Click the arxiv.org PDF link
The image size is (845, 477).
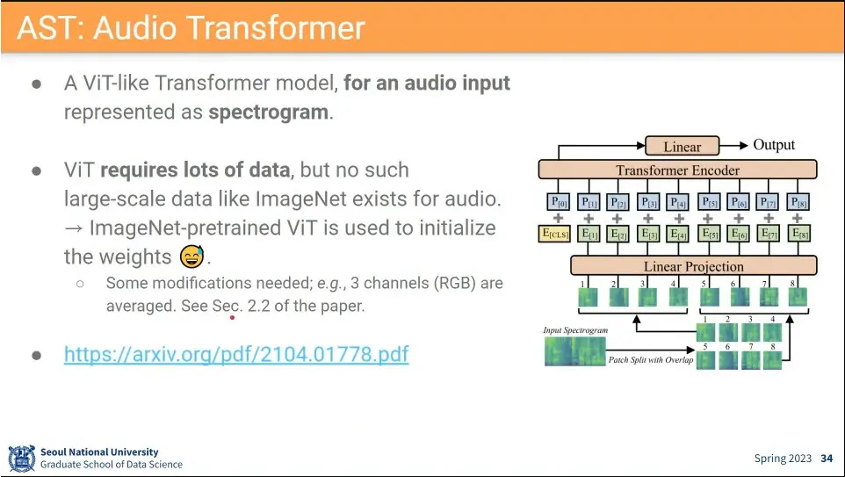click(x=235, y=355)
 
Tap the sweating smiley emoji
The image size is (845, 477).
click(x=191, y=257)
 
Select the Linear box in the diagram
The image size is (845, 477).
click(x=682, y=147)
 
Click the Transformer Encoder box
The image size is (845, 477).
click(x=677, y=170)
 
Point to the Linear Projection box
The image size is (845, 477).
click(x=693, y=266)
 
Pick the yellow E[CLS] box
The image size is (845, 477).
click(x=555, y=235)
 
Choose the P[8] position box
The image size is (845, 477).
click(x=798, y=201)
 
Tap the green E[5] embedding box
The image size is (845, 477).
click(x=707, y=235)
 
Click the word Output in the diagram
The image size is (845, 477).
click(x=774, y=145)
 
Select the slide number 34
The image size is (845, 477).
click(x=827, y=459)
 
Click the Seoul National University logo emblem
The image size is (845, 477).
click(x=21, y=459)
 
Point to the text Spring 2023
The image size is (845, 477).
click(x=784, y=459)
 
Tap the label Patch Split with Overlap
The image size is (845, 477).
click(x=650, y=360)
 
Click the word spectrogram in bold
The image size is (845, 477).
click(x=269, y=113)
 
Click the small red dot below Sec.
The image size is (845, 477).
click(x=232, y=318)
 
